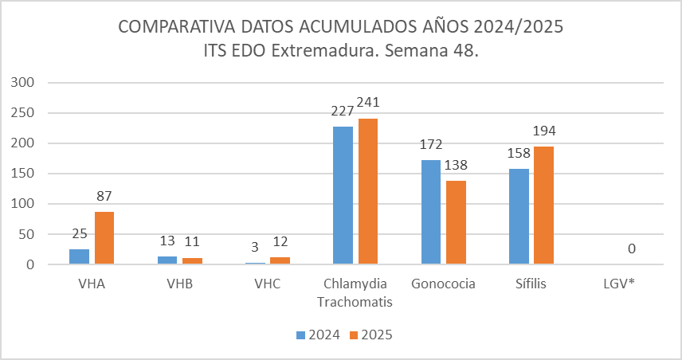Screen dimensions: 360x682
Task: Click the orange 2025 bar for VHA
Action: click(x=104, y=237)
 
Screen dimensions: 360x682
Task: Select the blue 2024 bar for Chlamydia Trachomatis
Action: click(x=343, y=195)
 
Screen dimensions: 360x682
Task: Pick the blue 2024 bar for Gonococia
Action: click(x=430, y=212)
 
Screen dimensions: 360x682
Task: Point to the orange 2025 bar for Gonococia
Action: click(x=456, y=222)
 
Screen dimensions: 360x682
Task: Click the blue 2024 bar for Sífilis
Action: click(x=519, y=216)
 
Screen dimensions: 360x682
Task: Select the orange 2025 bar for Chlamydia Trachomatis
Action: click(x=368, y=191)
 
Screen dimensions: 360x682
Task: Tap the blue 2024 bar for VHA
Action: click(x=79, y=256)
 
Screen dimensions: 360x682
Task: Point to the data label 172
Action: click(x=430, y=145)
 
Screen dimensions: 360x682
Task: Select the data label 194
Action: click(x=544, y=131)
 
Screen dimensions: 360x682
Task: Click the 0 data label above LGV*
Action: click(x=632, y=249)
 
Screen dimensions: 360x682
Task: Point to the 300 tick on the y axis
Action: click(x=24, y=82)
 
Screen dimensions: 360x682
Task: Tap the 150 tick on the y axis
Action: click(x=24, y=174)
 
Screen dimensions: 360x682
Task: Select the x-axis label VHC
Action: click(x=267, y=284)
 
